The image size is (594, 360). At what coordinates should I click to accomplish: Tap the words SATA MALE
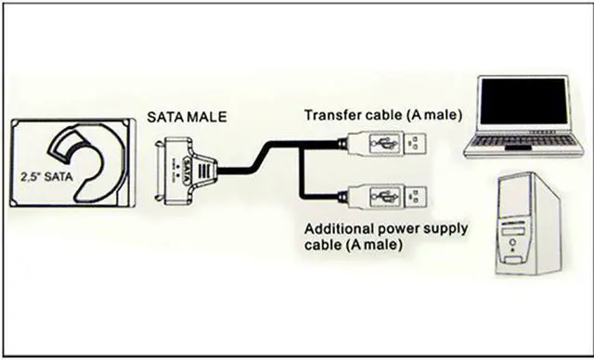click(x=185, y=117)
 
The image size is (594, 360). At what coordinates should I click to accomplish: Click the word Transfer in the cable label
click(x=329, y=115)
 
